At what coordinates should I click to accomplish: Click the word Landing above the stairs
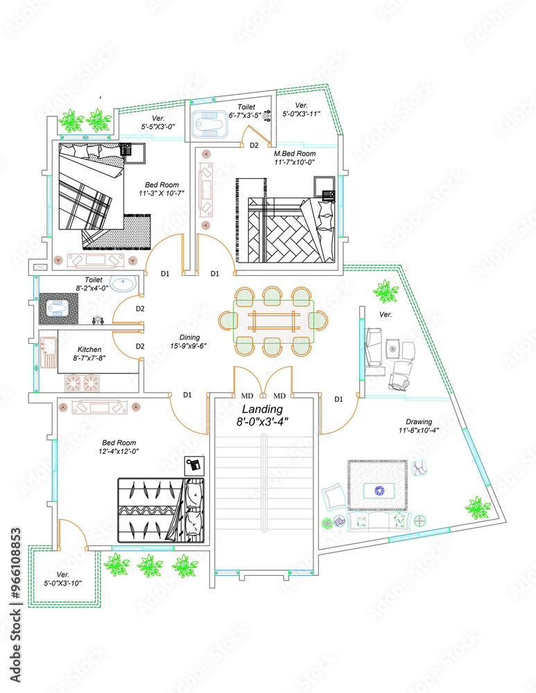click(263, 410)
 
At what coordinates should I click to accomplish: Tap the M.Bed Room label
click(294, 153)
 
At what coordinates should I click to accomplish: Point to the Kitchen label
click(89, 349)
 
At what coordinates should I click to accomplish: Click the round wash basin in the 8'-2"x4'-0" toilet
click(126, 283)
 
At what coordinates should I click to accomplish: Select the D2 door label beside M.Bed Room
click(254, 146)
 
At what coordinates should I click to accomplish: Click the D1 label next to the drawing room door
click(339, 399)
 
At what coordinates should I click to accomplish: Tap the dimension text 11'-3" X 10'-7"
click(161, 193)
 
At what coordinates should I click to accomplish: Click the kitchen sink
click(48, 352)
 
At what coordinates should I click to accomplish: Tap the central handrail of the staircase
click(263, 485)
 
